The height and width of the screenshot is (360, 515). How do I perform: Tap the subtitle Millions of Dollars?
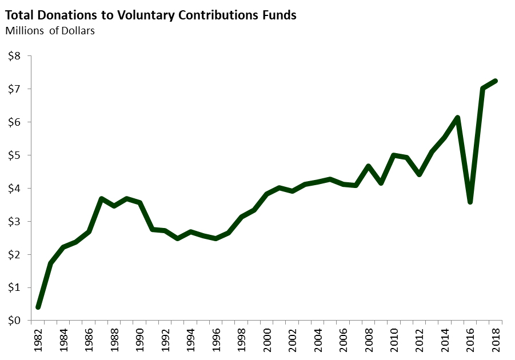click(x=50, y=30)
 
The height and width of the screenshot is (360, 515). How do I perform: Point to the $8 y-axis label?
click(x=14, y=56)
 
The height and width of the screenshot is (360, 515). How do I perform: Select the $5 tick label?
click(x=14, y=155)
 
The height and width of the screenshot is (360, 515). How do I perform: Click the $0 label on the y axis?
click(x=14, y=321)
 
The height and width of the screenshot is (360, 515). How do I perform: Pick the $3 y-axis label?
click(x=14, y=222)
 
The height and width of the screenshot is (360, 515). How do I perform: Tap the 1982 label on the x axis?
click(x=38, y=342)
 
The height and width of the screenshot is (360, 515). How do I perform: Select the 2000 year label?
click(x=267, y=342)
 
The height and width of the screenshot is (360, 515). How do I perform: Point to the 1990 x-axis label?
click(x=140, y=342)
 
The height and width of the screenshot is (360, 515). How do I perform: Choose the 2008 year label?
click(x=368, y=342)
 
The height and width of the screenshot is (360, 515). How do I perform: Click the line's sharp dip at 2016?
click(x=470, y=202)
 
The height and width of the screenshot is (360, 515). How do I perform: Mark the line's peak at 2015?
click(x=457, y=118)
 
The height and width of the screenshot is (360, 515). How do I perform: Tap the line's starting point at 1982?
click(x=38, y=307)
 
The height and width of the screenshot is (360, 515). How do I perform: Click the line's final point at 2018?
click(x=495, y=81)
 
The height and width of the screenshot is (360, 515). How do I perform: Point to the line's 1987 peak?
click(x=102, y=199)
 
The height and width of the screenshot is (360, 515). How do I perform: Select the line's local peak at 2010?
click(x=394, y=155)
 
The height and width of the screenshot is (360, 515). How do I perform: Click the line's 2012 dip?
click(x=419, y=174)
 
